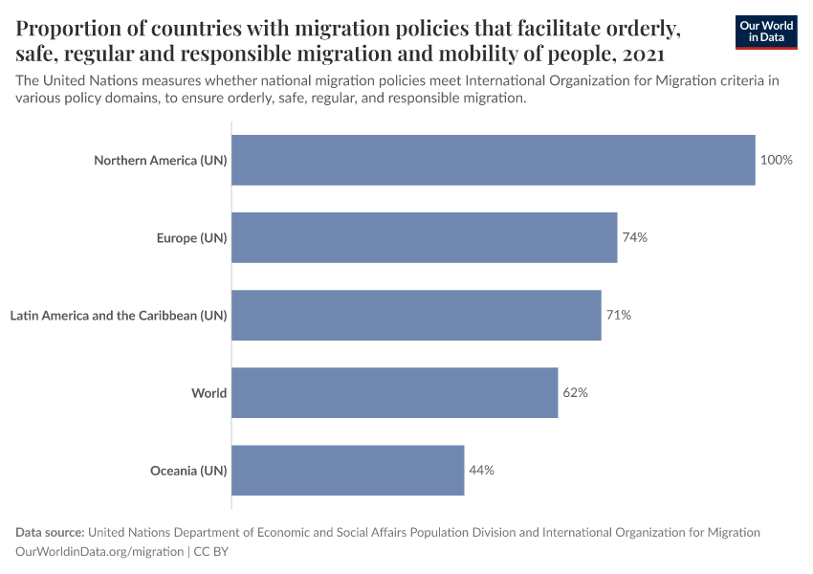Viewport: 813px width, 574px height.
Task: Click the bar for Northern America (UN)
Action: coord(493,160)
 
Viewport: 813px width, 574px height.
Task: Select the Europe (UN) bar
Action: coord(424,237)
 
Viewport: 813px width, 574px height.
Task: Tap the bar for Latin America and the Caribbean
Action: coord(416,315)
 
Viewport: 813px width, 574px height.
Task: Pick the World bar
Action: coord(394,392)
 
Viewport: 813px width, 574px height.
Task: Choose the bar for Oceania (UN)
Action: coord(347,470)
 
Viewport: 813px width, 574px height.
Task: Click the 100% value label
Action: coord(776,160)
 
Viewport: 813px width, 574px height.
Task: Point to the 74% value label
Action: coord(634,237)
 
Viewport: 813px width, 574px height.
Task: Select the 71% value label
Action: coord(618,315)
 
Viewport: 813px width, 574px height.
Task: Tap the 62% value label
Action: coord(575,392)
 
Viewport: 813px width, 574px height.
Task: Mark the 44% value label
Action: coord(481,470)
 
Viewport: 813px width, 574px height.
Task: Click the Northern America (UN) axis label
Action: coord(160,160)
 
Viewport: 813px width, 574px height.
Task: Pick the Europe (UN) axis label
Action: coord(191,237)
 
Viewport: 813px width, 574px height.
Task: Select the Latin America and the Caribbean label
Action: coord(118,315)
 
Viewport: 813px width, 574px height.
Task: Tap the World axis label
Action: coord(209,392)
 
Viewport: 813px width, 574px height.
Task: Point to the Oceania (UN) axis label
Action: coord(188,470)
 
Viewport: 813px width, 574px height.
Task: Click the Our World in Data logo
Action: coord(766,32)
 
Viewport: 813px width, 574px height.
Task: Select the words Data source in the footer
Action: coord(50,532)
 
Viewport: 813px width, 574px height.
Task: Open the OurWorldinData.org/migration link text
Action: coord(99,551)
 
